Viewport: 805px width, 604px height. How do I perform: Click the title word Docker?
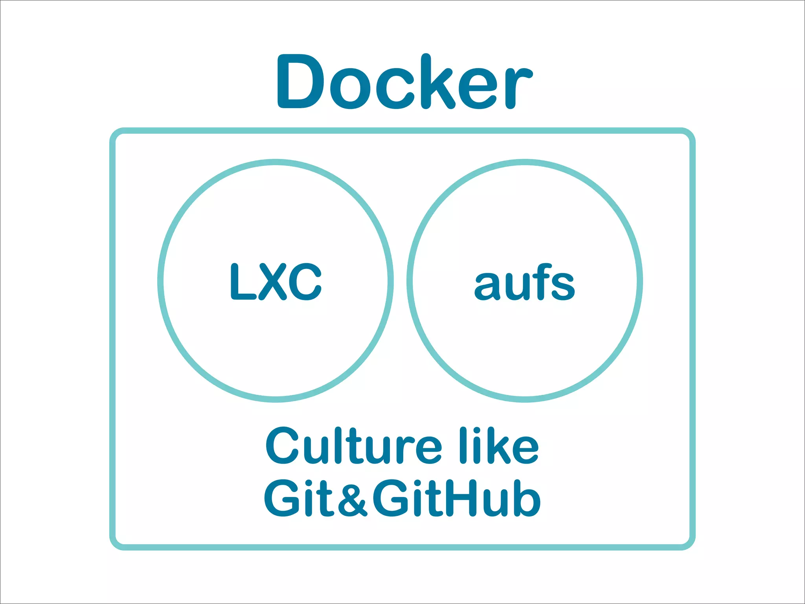405,82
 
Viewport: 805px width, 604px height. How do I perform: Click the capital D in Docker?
301,82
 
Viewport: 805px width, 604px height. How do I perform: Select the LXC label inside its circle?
276,282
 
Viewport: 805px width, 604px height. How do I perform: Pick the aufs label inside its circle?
524,282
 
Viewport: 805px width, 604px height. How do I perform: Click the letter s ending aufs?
562,286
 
